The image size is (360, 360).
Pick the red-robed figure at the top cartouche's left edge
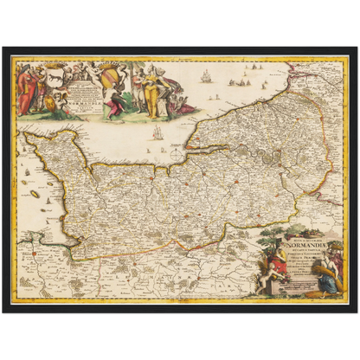pos(23,87)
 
